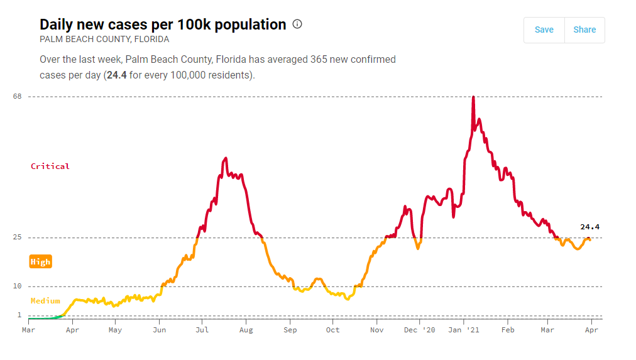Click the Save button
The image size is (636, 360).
544,30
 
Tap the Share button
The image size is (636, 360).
584,30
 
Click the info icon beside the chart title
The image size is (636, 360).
297,25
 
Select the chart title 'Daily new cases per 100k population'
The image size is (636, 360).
163,25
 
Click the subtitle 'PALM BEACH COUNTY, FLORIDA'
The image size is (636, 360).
104,39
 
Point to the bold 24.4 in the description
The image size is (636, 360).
117,75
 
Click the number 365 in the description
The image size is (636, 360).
319,60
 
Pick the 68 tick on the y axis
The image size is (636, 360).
16,96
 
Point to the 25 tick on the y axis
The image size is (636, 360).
16,237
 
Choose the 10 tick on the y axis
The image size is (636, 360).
16,286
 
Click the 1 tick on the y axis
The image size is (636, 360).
19,315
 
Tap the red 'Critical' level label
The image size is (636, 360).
50,166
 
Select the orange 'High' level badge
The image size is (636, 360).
40,262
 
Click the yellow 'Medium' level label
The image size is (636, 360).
45,301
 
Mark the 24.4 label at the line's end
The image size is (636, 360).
589,227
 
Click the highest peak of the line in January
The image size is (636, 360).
473,97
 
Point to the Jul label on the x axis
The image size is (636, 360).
202,330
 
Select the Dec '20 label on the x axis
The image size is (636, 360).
419,330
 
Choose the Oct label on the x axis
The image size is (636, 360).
333,330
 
